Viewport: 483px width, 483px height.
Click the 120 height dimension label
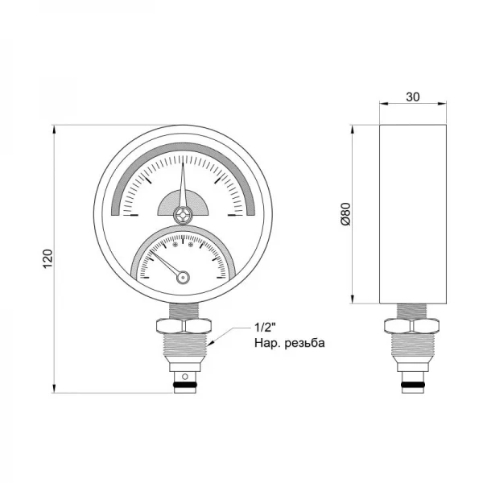click(47, 259)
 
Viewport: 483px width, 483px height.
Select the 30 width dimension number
click(412, 97)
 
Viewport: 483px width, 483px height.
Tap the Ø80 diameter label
click(345, 213)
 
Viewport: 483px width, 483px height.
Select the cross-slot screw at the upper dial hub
click(184, 215)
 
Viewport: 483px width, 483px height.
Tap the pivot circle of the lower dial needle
click(184, 277)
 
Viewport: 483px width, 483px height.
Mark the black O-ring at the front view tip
click(184, 388)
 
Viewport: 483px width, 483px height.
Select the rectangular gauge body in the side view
click(412, 213)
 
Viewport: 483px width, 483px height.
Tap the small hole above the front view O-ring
click(184, 377)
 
